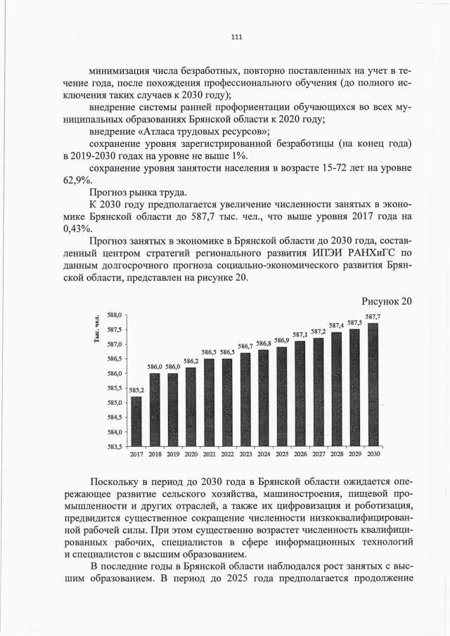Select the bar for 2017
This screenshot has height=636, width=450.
136,421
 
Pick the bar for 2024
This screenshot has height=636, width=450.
264,398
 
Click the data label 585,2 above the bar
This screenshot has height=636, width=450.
136,390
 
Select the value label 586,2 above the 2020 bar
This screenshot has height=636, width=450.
191,361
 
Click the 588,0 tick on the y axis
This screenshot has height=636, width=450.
115,315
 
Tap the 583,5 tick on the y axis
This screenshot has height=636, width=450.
115,446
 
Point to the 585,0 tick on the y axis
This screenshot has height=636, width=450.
115,403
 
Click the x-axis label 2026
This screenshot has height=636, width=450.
300,455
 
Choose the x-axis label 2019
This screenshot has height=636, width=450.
173,455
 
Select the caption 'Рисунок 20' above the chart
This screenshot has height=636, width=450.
385,301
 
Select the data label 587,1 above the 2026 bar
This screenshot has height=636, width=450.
300,335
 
